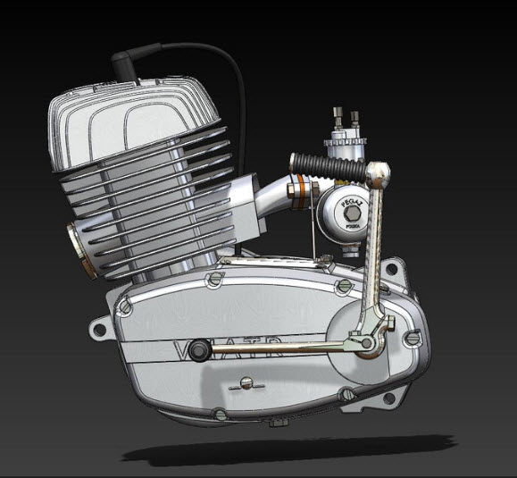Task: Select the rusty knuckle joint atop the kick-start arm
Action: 379,170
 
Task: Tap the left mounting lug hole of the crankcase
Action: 100,331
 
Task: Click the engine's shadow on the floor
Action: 295,447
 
